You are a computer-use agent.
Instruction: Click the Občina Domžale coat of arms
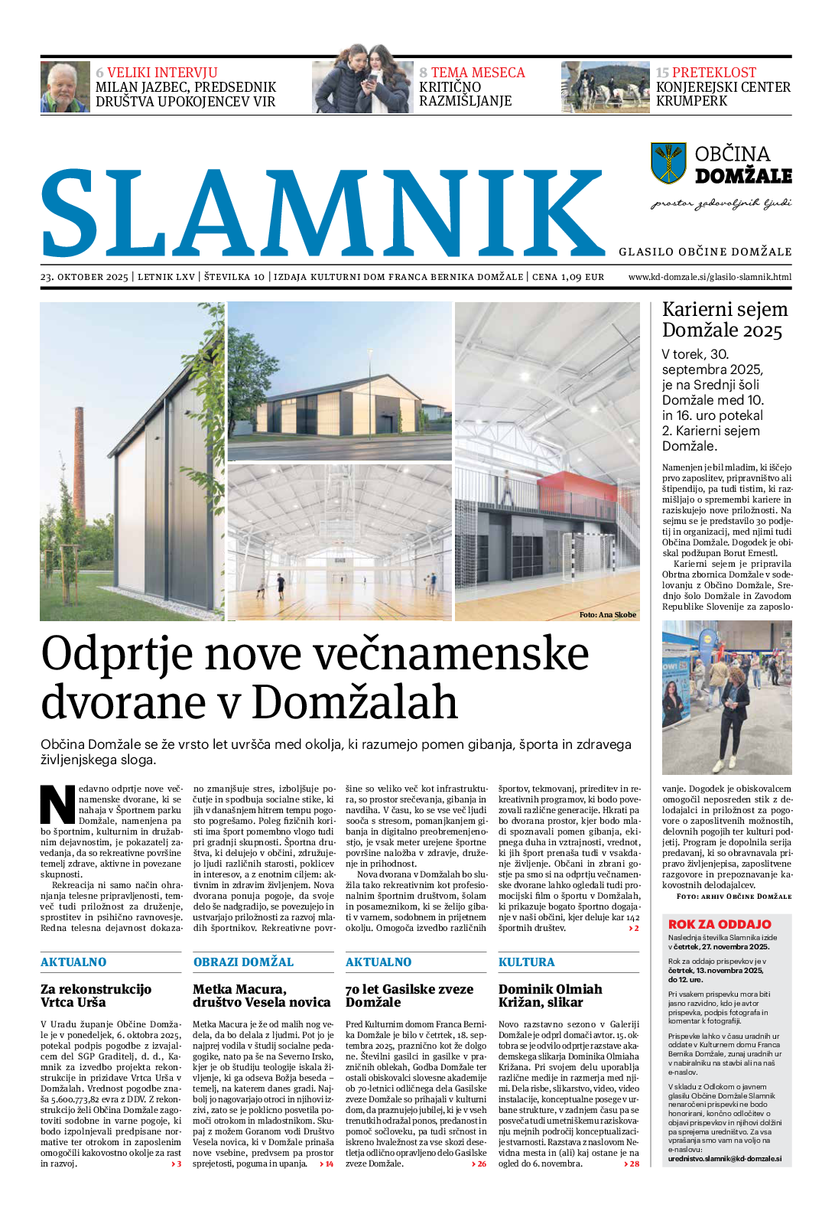[x=668, y=163]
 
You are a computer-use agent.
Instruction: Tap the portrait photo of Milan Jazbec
[x=65, y=87]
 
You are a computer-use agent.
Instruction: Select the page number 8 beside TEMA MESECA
[x=423, y=73]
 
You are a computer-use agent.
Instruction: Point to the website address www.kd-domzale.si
[x=710, y=277]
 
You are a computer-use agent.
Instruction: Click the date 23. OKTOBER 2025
[x=84, y=277]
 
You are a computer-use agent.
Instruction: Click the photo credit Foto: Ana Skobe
[x=607, y=614]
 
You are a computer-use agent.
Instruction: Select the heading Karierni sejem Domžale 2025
[x=724, y=320]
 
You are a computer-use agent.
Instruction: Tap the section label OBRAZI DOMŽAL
[x=243, y=962]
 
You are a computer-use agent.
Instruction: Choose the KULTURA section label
[x=526, y=962]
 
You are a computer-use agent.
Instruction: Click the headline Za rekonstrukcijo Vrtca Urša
[x=96, y=995]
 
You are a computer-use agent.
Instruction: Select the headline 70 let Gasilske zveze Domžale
[x=409, y=995]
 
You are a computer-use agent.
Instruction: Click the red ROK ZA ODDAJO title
[x=719, y=924]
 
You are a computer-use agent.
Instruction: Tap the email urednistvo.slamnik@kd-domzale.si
[x=724, y=1158]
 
